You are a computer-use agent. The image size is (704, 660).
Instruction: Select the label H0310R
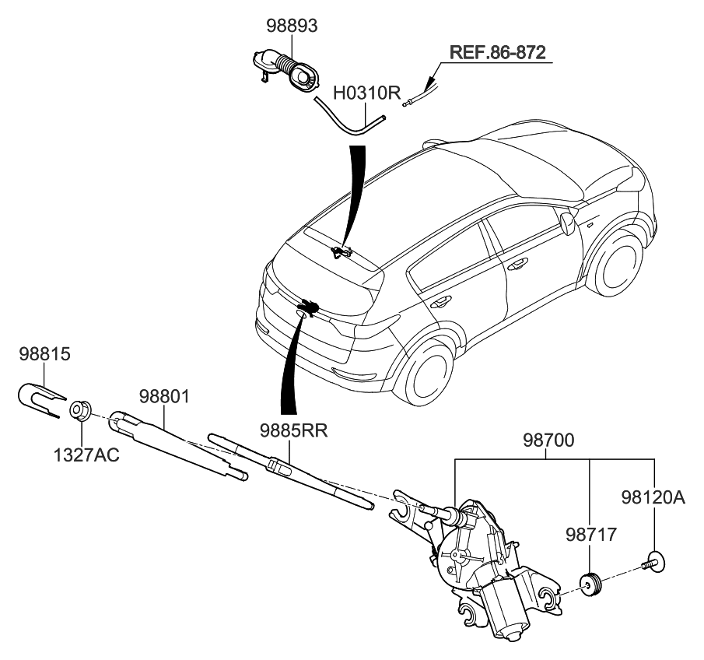pos(366,93)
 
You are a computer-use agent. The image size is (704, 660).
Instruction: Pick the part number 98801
pos(165,397)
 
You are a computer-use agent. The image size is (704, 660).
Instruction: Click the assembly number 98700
pos(548,442)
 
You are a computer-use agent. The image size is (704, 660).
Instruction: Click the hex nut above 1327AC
pos(81,409)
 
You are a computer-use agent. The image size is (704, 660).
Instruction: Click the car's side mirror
pos(568,224)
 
